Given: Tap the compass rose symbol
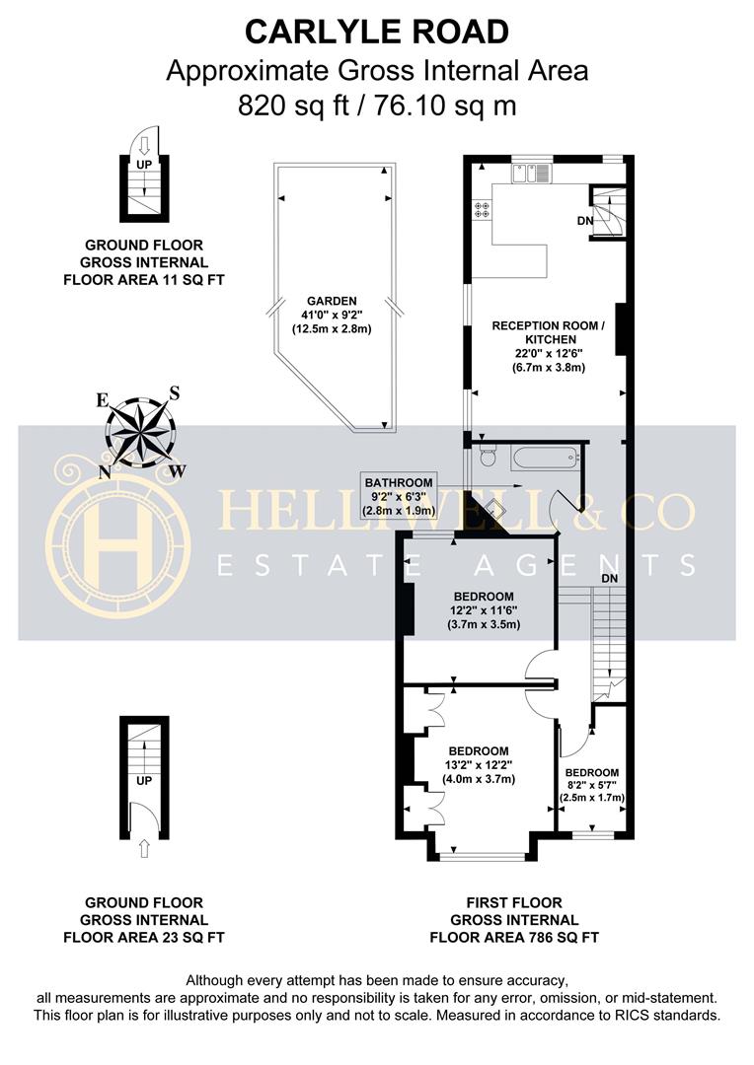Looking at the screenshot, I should click(140, 432).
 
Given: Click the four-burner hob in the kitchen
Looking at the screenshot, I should click(484, 209).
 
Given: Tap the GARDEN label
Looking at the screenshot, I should click(331, 302).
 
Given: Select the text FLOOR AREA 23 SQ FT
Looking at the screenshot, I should click(144, 937).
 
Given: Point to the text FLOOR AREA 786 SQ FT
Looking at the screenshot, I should click(514, 937).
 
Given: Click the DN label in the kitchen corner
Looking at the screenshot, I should click(585, 221).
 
